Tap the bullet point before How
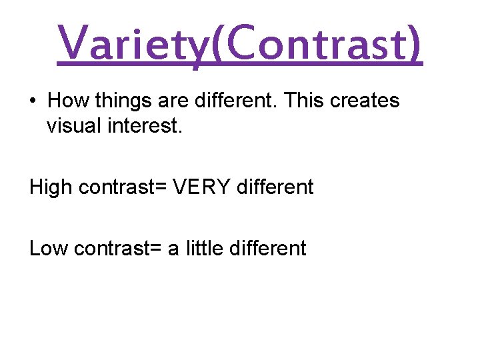coord(33,101)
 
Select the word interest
coord(147,125)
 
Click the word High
coord(51,187)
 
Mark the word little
coord(204,248)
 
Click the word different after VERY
coord(274,187)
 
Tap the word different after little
coord(267,248)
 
